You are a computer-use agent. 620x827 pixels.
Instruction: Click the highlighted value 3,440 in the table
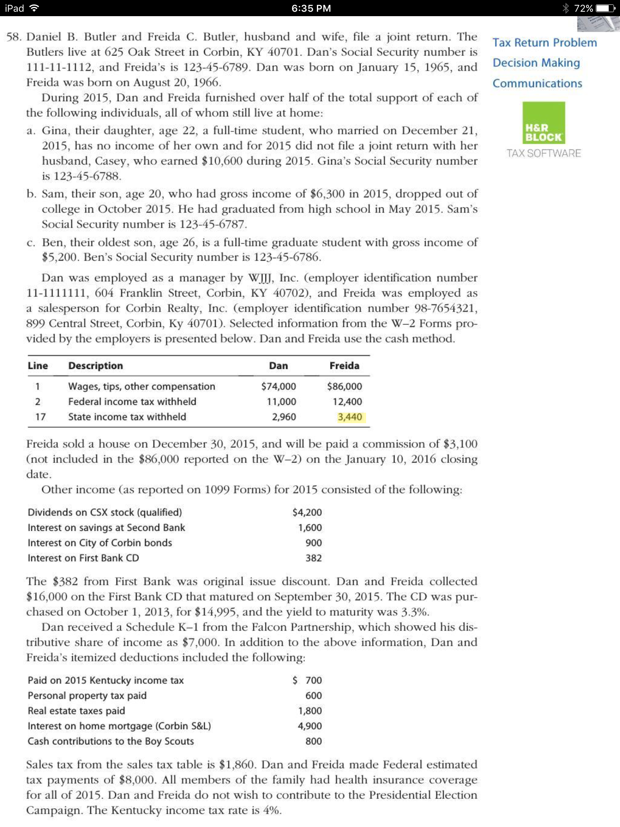point(350,417)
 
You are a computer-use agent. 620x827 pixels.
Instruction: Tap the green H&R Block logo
point(544,123)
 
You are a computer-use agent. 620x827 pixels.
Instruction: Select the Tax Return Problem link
point(545,42)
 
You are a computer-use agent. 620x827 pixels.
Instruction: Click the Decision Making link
point(536,63)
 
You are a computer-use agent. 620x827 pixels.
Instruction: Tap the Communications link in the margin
point(537,84)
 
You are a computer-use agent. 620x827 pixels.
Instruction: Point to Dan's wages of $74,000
point(279,386)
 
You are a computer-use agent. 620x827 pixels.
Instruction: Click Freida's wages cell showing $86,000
point(344,386)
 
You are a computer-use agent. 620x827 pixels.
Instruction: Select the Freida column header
point(344,365)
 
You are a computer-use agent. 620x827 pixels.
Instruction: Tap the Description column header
point(96,365)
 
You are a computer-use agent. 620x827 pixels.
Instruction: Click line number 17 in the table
point(40,417)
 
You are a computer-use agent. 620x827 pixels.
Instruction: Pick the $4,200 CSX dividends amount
point(307,512)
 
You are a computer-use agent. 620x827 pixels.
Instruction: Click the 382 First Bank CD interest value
point(314,558)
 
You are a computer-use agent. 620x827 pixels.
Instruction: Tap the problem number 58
point(14,37)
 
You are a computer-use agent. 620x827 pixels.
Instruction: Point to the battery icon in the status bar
point(605,8)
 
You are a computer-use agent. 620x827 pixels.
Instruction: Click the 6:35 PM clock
point(311,8)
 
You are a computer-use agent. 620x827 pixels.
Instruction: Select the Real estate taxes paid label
point(76,711)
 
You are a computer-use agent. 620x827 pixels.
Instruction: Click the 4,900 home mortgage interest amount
point(310,726)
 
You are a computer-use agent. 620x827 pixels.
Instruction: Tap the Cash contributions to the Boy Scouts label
point(111,741)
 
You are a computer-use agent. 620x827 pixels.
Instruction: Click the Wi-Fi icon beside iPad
point(35,8)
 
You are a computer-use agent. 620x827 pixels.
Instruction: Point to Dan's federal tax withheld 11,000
point(281,402)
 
